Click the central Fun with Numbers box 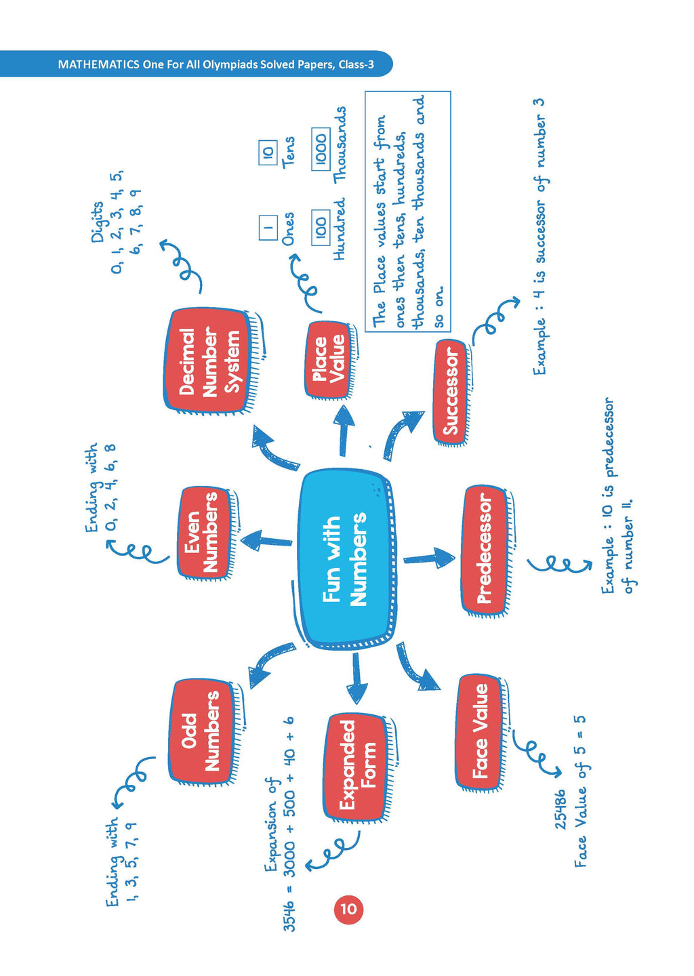tap(344, 559)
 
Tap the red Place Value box tap(328, 359)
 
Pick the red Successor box tap(450, 392)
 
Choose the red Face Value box tap(480, 731)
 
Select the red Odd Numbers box tap(201, 731)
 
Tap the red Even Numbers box tap(201, 532)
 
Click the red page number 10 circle tap(348, 909)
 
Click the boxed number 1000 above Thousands tap(321, 148)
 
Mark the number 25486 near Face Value tap(560, 809)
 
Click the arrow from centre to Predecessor tap(430, 558)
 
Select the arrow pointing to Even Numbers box tap(266, 541)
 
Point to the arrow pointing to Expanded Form tap(357, 678)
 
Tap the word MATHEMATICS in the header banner tap(98, 64)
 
